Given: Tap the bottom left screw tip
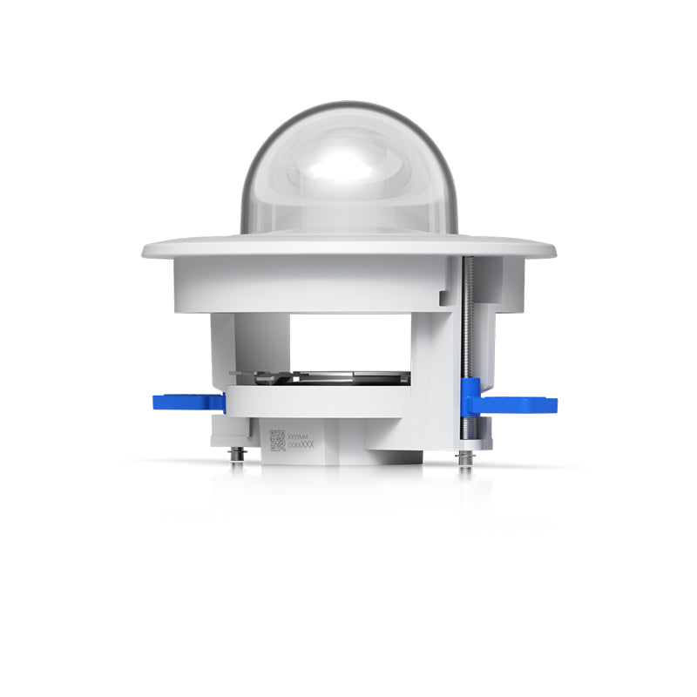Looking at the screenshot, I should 236,455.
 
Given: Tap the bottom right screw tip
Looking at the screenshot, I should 466,459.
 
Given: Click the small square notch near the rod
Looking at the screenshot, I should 445,298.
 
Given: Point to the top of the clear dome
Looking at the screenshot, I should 348,105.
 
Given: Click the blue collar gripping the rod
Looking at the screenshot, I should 470,396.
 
